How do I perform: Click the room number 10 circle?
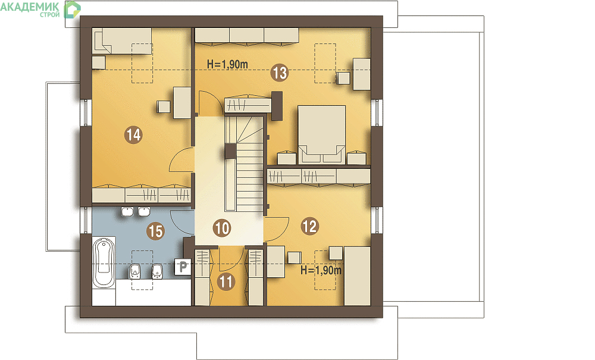(222, 228)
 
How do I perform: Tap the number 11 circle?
(226, 282)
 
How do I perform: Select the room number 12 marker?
(309, 227)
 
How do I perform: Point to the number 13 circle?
(280, 73)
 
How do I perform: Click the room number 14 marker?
(133, 134)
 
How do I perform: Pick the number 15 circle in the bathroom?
(155, 231)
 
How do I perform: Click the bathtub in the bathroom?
(104, 262)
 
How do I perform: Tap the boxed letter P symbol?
(183, 267)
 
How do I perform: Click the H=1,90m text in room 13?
(227, 64)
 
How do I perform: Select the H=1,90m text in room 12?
(321, 271)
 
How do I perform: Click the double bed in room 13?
(322, 134)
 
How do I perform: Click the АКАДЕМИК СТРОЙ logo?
(40, 10)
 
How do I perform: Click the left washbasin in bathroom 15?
(127, 211)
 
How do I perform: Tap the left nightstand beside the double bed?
(287, 158)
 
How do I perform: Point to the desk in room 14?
(182, 103)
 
